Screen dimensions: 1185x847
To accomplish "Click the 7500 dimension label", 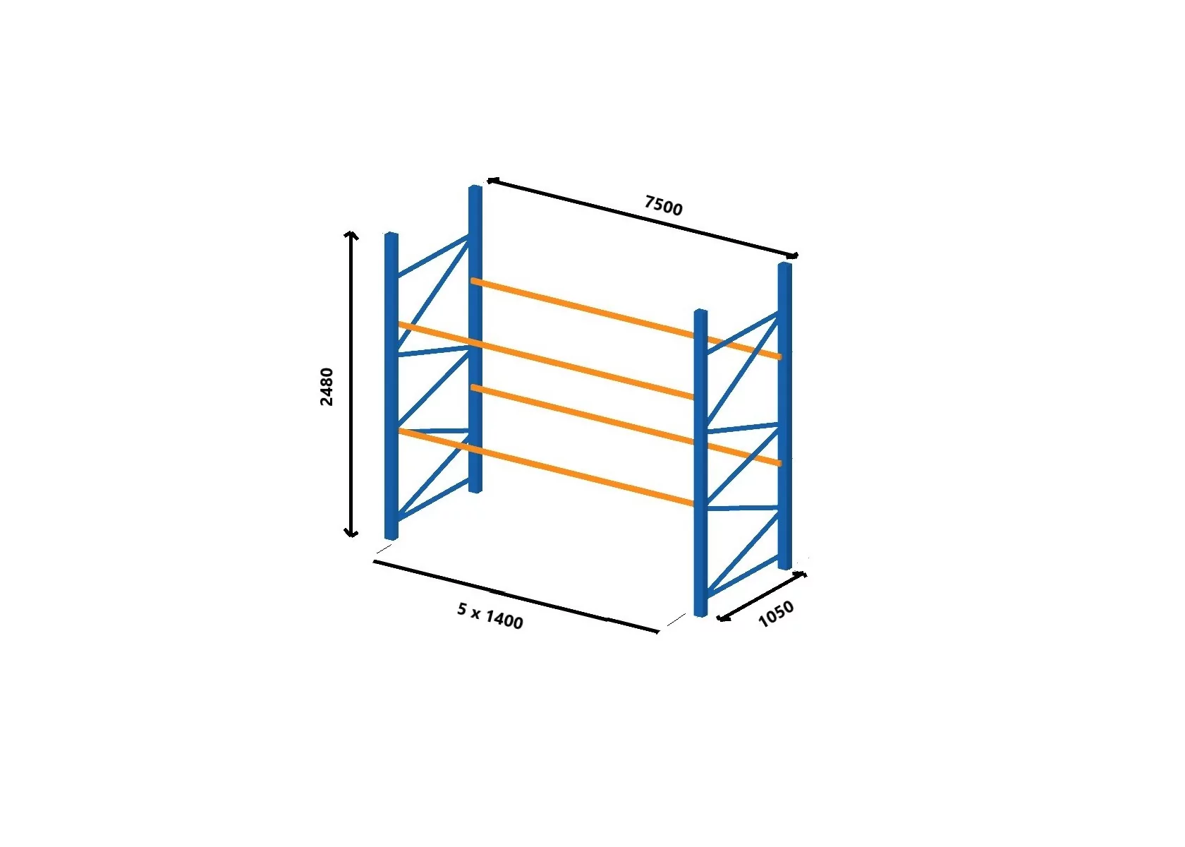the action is [663, 205].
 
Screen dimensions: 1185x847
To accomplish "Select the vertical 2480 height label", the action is [327, 387].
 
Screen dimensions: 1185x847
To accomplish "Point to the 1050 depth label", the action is [776, 613].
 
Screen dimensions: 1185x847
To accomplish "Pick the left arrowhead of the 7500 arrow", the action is [491, 181].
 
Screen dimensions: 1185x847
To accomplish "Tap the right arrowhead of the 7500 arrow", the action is [793, 256].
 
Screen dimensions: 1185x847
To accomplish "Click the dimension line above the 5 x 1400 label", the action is [516, 596].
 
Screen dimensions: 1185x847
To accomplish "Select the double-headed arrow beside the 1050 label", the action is [761, 596].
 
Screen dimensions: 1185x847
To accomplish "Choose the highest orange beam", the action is [626, 318].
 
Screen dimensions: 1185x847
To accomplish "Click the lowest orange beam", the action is [546, 467].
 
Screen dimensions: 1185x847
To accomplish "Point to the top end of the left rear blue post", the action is [475, 187].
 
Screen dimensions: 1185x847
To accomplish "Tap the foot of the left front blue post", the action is [391, 537].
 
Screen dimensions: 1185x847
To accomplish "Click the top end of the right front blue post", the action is [700, 311].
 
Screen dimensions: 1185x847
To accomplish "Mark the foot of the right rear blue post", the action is [785, 566].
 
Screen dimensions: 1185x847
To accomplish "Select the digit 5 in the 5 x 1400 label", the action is [462, 608].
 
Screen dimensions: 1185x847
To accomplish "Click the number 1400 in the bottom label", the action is [504, 620].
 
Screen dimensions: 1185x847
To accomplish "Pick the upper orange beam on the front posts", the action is [546, 361].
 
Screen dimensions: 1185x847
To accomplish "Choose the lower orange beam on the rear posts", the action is [626, 426].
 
